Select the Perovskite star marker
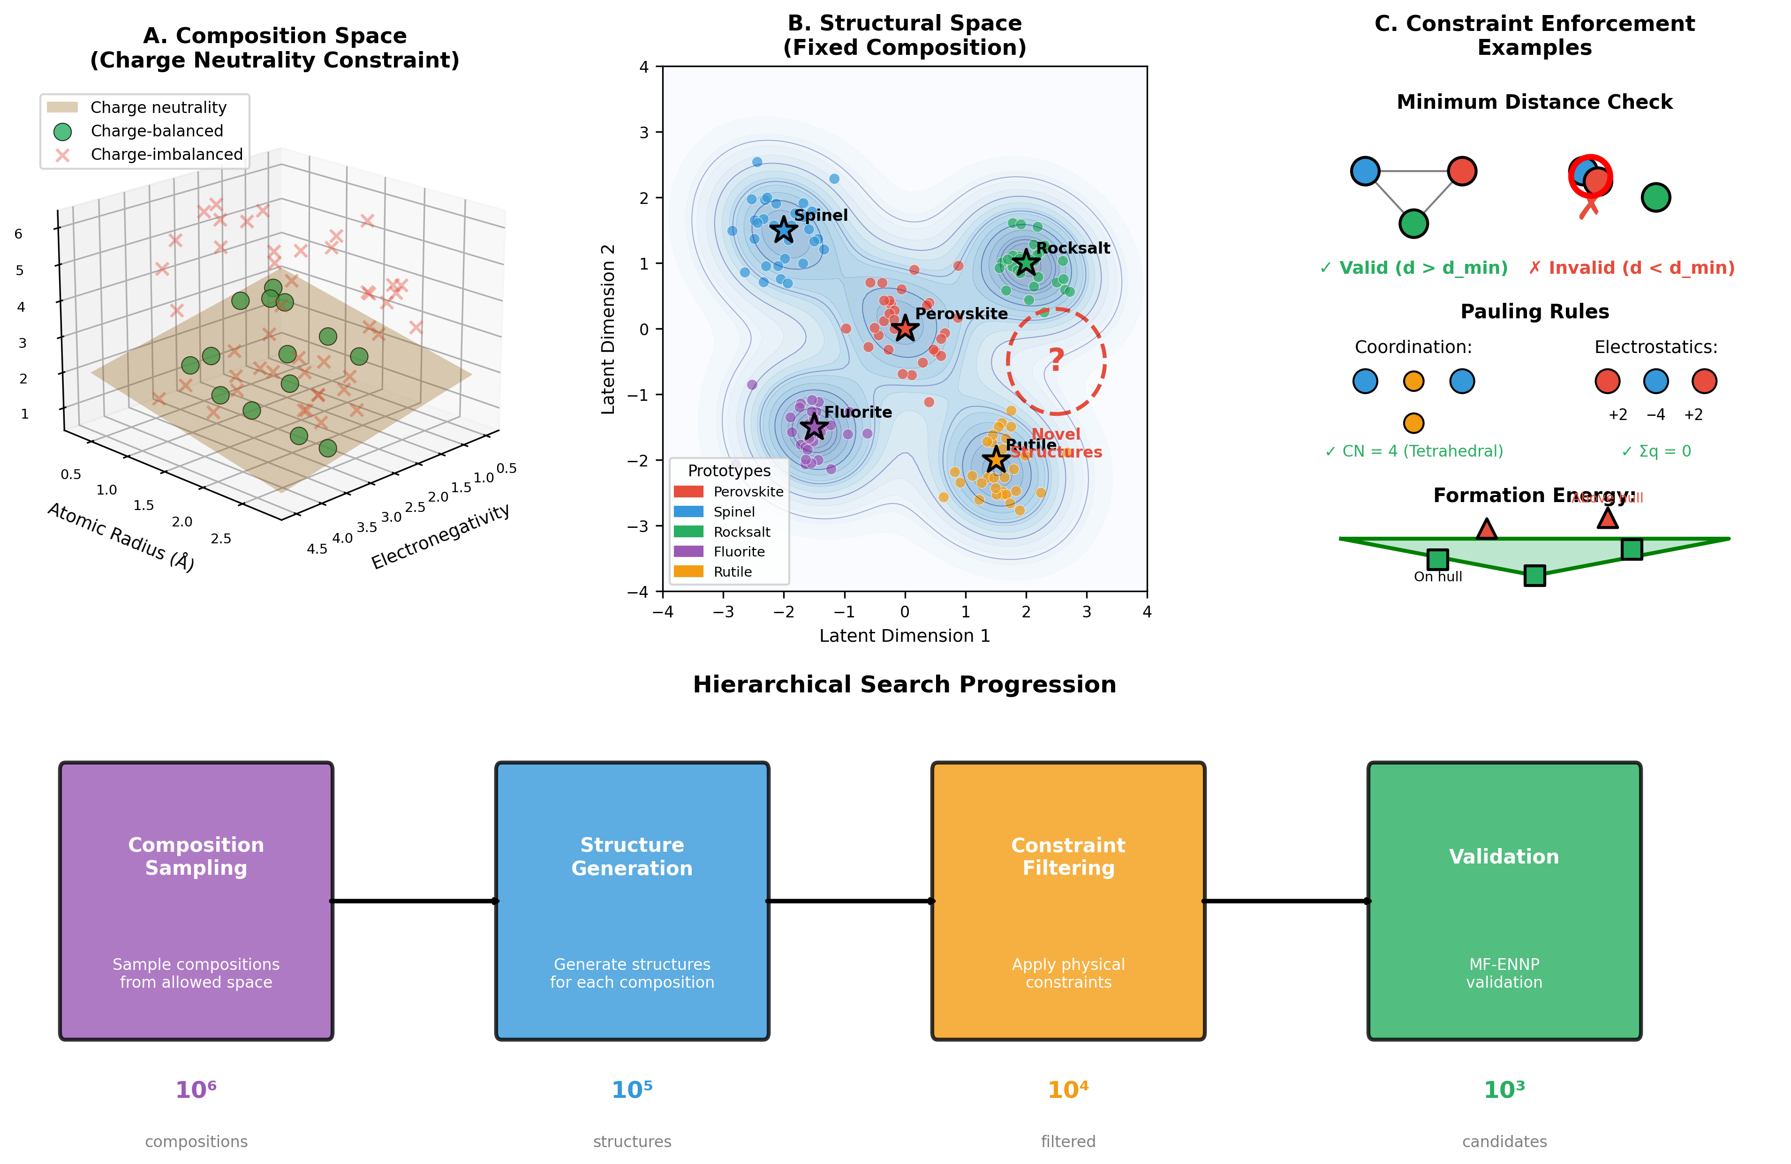[x=905, y=328]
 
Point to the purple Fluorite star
[x=814, y=427]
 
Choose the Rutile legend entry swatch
[x=688, y=572]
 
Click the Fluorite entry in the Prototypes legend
[x=738, y=551]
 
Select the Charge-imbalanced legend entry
[x=166, y=154]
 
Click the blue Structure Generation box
[x=632, y=901]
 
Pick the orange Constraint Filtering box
[x=1068, y=901]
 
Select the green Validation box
[x=1504, y=901]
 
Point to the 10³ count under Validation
[x=1504, y=1089]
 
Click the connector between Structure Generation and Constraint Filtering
[x=850, y=901]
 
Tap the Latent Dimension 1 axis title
[x=905, y=636]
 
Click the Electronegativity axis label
[x=440, y=536]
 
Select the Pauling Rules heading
[x=1534, y=311]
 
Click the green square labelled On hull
[x=1437, y=559]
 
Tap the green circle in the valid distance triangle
[x=1413, y=224]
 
